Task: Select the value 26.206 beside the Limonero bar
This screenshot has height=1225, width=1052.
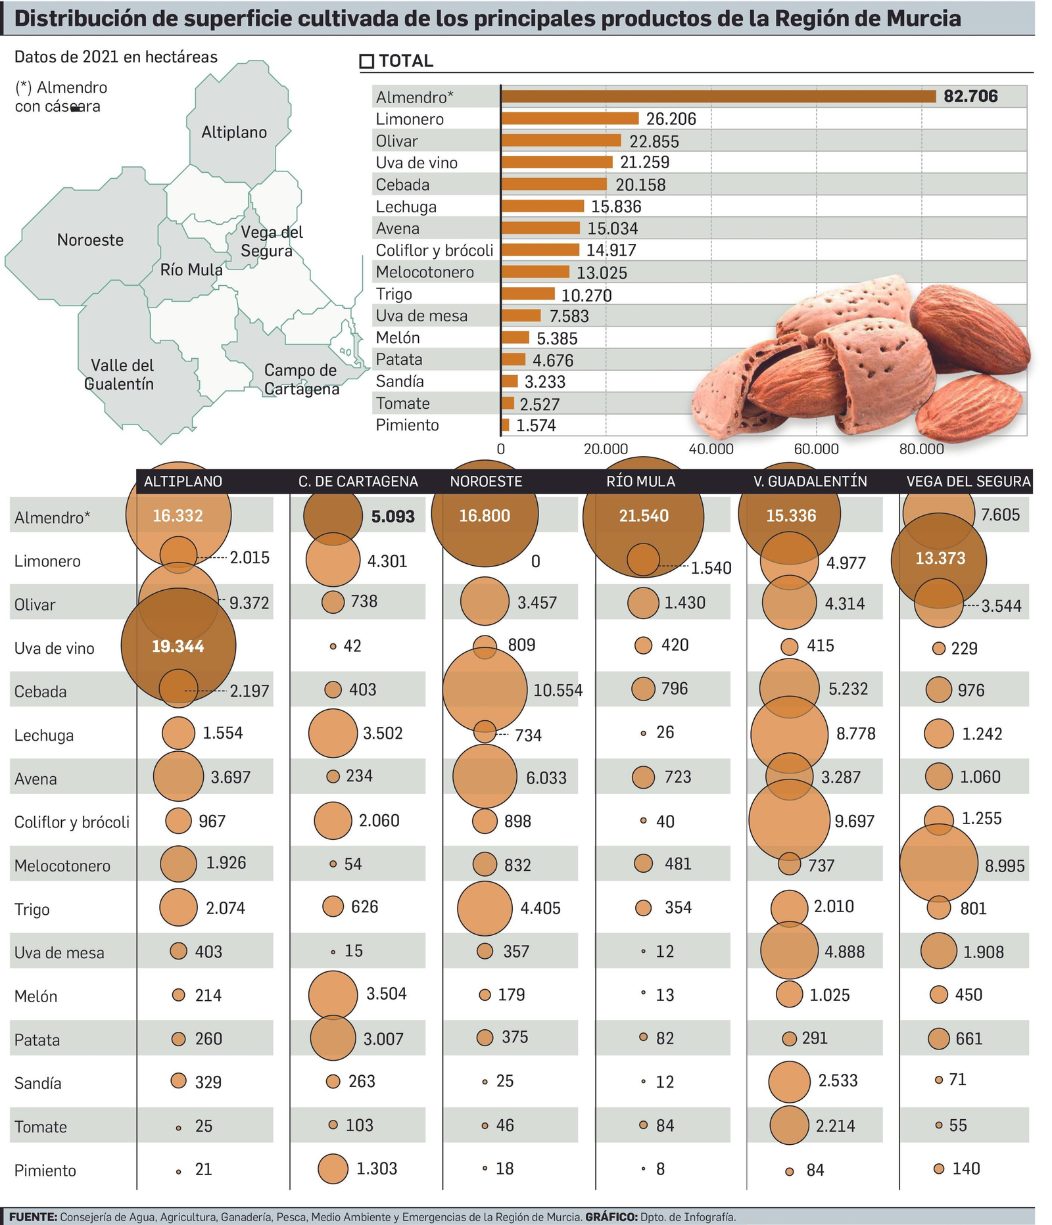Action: point(671,119)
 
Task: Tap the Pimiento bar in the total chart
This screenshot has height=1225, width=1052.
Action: point(505,425)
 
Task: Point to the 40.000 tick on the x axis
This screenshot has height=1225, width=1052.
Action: point(711,450)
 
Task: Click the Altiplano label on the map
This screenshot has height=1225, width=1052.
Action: point(234,133)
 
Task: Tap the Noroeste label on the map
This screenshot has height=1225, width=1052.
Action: point(90,241)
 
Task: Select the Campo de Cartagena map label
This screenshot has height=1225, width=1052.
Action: point(301,380)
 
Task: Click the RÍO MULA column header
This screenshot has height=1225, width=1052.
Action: point(641,482)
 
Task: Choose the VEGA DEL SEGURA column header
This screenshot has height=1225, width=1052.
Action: point(968,482)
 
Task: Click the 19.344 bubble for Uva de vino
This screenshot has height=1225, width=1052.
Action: point(178,647)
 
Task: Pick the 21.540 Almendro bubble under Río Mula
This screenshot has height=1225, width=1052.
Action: point(643,517)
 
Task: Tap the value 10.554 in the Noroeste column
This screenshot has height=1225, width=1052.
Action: point(558,691)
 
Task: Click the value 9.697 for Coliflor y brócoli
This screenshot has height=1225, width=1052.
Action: point(854,821)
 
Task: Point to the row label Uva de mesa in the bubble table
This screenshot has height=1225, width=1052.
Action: point(59,953)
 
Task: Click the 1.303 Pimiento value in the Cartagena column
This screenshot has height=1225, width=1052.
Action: point(377,1169)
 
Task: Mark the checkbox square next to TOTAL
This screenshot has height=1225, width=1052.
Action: point(367,62)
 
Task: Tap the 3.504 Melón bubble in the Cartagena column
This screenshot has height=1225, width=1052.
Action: point(333,995)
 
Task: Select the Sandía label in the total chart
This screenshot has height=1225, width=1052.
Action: point(400,382)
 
